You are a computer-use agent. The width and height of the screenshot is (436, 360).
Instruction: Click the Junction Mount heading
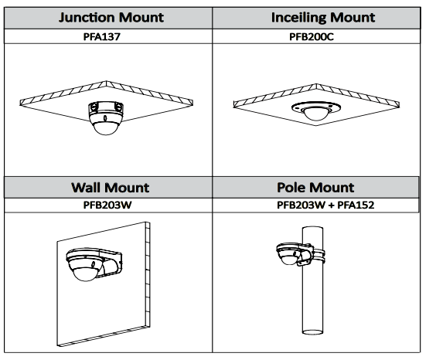click(x=111, y=18)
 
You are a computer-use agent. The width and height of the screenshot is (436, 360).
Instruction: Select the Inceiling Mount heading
click(x=323, y=18)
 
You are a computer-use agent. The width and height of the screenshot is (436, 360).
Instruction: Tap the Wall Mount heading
click(x=111, y=188)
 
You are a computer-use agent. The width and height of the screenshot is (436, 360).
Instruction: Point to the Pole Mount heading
click(x=315, y=187)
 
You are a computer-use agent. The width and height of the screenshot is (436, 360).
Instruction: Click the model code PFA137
click(x=102, y=36)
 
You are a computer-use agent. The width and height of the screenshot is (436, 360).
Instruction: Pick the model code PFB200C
click(x=312, y=36)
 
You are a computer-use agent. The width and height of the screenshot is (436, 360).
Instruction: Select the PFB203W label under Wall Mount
click(x=107, y=205)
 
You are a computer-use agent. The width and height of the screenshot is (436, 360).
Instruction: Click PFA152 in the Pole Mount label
click(x=356, y=205)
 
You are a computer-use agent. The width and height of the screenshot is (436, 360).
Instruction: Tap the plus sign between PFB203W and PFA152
click(x=331, y=205)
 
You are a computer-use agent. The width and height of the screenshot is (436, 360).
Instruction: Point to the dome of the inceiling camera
click(x=315, y=114)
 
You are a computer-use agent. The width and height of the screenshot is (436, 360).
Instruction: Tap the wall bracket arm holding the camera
click(x=112, y=264)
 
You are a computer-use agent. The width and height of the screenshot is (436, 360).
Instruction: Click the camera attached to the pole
click(x=289, y=254)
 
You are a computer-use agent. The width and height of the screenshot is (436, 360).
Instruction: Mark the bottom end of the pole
click(x=313, y=332)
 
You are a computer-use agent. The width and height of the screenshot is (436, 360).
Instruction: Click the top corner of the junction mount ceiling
click(x=106, y=81)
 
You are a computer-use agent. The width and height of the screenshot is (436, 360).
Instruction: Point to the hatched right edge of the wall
click(x=148, y=274)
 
